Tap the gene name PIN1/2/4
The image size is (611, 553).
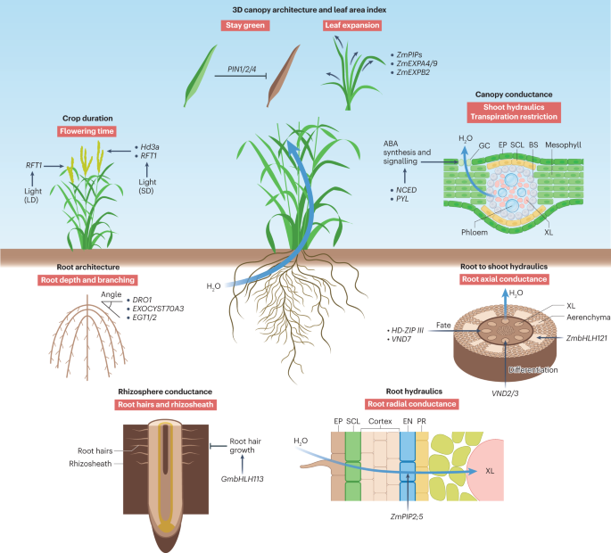point(244,69)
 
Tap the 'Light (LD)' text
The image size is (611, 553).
point(29,197)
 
